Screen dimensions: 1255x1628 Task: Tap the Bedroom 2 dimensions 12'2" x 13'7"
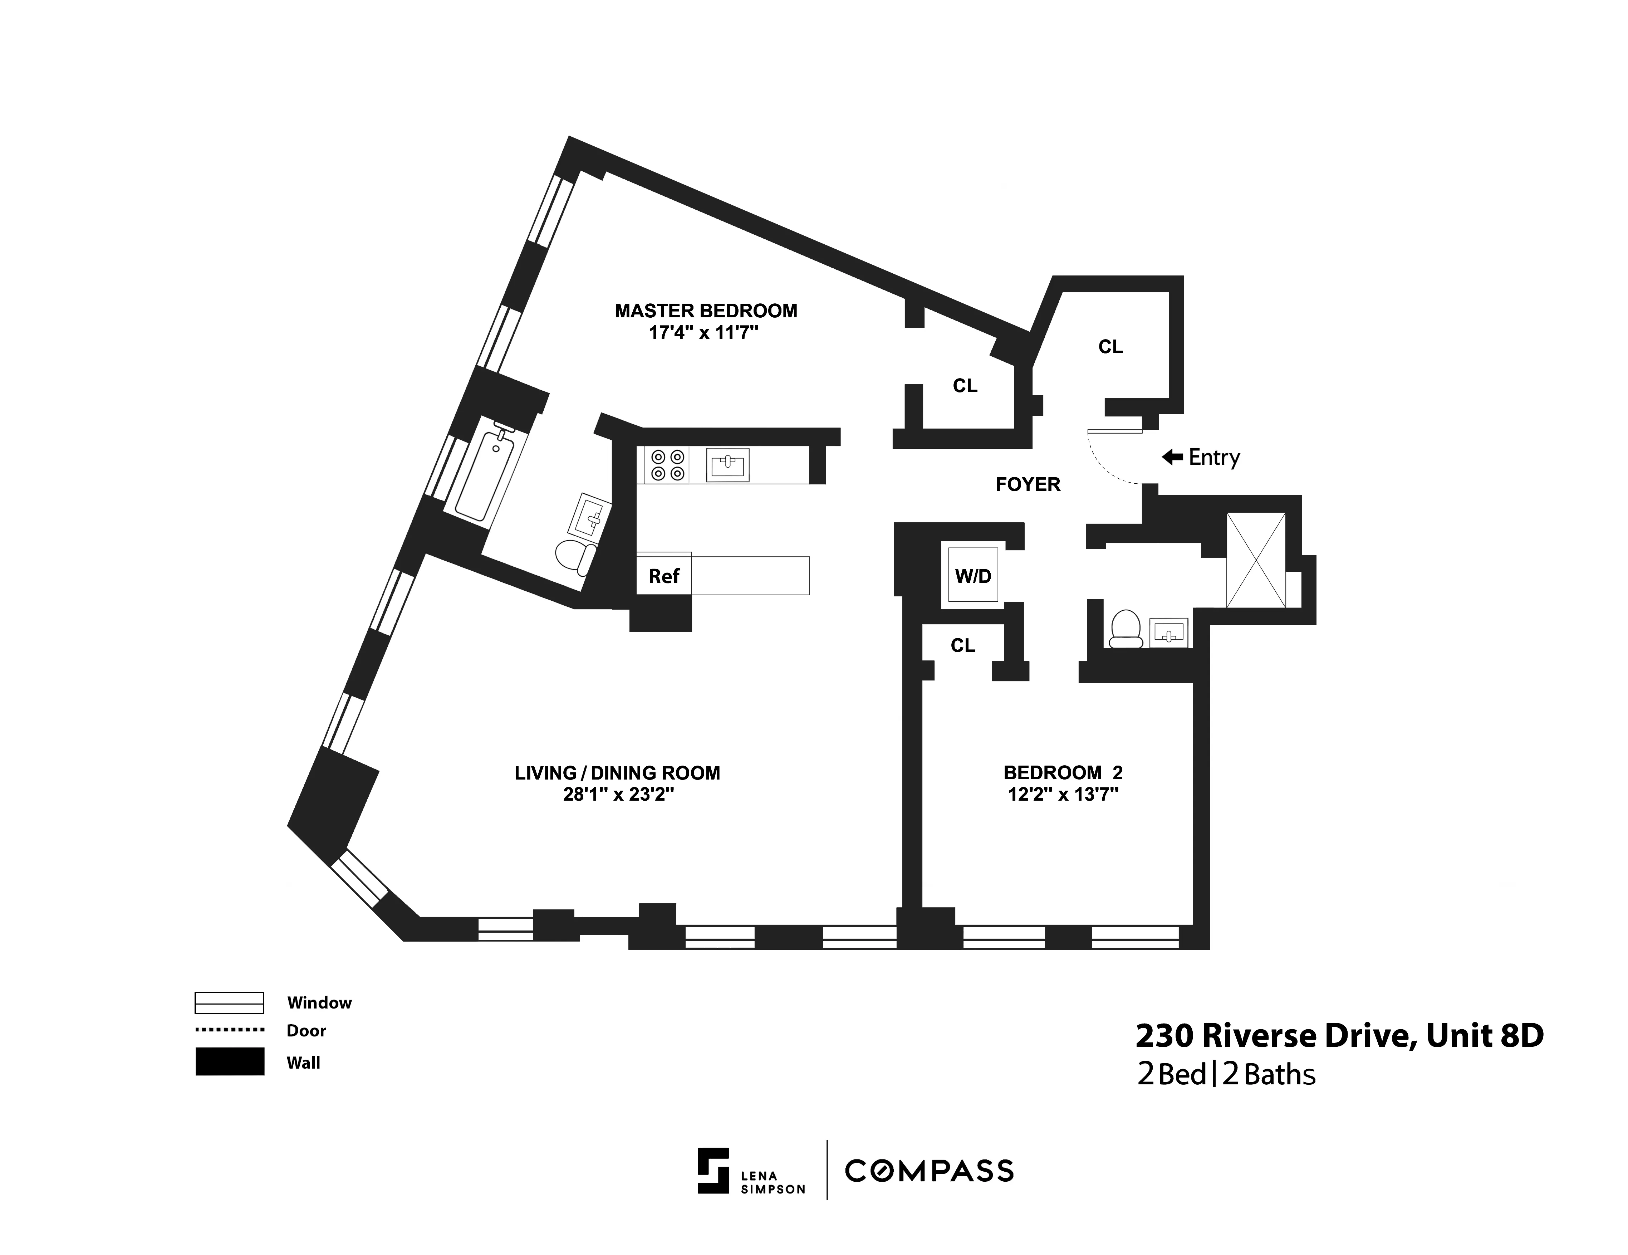1063,795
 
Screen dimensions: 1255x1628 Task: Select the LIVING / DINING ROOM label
617,773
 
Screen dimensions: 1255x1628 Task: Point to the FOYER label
1028,485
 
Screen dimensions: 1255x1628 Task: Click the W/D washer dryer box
973,576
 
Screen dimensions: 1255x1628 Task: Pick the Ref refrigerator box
663,576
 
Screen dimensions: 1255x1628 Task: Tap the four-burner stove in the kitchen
667,465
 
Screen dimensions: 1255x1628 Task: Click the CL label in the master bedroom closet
965,386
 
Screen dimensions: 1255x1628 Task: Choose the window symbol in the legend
229,1003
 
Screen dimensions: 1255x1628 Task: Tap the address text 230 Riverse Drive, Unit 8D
1339,1036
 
